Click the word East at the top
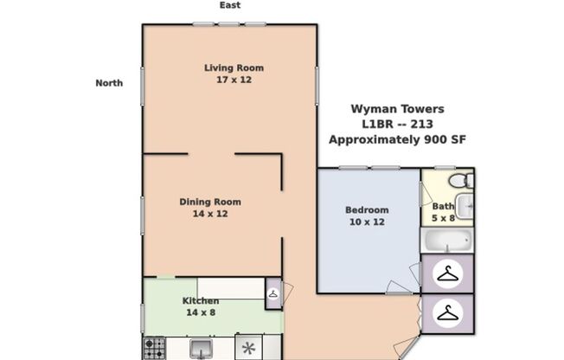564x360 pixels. [x=229, y=5]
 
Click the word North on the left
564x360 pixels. [x=109, y=83]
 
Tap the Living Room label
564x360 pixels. [x=234, y=67]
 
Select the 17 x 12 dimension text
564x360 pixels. [x=234, y=80]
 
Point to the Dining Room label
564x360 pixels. [x=210, y=202]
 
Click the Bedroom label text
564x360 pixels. [x=367, y=209]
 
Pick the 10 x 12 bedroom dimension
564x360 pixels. [x=367, y=222]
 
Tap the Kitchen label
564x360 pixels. [x=200, y=301]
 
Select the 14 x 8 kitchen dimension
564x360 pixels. [x=200, y=312]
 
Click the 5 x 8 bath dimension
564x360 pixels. [x=444, y=218]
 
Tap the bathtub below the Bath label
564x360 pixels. [x=446, y=240]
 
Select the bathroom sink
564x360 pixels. [x=465, y=206]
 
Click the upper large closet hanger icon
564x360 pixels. [x=447, y=274]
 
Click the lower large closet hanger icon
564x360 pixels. [x=447, y=313]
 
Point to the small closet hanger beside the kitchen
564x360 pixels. [x=273, y=293]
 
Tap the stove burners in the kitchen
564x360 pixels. [x=154, y=349]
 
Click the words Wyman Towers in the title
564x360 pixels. [x=397, y=109]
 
